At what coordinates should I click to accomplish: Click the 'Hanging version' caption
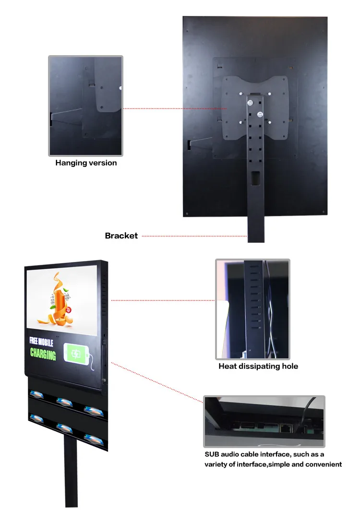coord(86,163)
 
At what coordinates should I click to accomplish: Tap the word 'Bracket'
coord(121,236)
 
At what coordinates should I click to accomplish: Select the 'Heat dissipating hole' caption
coord(258,366)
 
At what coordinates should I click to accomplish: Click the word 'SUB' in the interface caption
coord(213,454)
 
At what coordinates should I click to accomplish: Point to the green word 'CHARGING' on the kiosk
coord(43,355)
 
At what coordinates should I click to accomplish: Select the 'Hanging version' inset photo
coord(86,106)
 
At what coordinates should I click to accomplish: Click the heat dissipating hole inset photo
coord(252,309)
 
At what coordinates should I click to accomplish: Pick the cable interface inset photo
coord(264,422)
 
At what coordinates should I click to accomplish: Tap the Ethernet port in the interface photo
coord(285,425)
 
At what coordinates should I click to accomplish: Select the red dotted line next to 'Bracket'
coord(194,236)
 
